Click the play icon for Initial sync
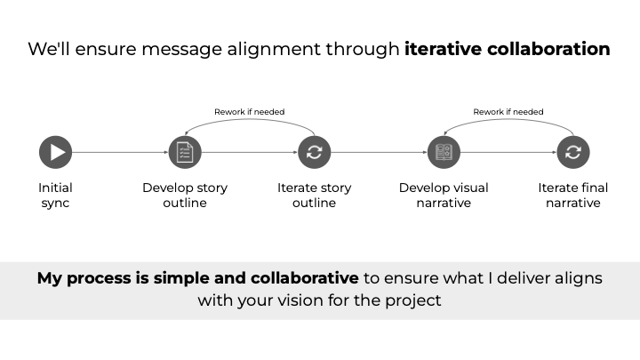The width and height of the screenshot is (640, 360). pyautogui.click(x=56, y=152)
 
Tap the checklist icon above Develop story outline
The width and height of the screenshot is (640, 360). pyautogui.click(x=185, y=152)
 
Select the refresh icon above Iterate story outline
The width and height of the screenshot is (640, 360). pyautogui.click(x=314, y=152)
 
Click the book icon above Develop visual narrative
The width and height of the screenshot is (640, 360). pyautogui.click(x=444, y=152)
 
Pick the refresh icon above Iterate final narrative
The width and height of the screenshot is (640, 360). pyautogui.click(x=572, y=152)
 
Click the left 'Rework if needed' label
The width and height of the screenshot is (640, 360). pyautogui.click(x=249, y=112)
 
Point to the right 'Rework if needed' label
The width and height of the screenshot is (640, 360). pyautogui.click(x=508, y=112)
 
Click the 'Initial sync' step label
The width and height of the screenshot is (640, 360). pyautogui.click(x=55, y=195)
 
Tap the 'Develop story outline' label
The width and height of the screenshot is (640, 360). pyautogui.click(x=185, y=195)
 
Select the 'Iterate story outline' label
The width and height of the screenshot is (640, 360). pyautogui.click(x=314, y=195)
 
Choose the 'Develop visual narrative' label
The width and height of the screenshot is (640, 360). pyautogui.click(x=444, y=195)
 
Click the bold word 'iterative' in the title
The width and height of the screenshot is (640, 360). pyautogui.click(x=443, y=49)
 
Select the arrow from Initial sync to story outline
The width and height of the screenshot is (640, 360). pyautogui.click(x=120, y=152)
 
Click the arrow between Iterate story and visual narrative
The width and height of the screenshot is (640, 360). pyautogui.click(x=379, y=152)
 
